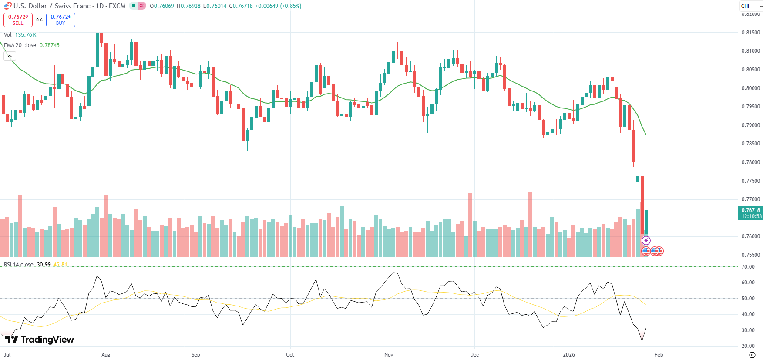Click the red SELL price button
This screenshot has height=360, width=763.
tap(18, 20)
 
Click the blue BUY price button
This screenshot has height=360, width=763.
tap(61, 20)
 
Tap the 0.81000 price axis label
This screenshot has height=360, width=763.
tap(750, 51)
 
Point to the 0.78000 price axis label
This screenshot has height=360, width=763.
tap(750, 162)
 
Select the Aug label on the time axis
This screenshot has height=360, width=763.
tap(106, 355)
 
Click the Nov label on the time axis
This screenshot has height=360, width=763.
tap(389, 355)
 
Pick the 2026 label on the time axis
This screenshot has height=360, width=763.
tap(568, 355)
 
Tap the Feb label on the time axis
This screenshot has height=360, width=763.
tap(659, 355)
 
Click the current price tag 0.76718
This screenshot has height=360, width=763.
tap(751, 210)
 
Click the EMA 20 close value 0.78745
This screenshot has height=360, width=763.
tap(50, 45)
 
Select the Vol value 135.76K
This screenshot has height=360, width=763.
tap(26, 35)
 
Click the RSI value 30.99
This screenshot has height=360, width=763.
tap(44, 265)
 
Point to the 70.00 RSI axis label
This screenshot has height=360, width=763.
tap(748, 267)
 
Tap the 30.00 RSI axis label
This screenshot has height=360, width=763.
tap(748, 330)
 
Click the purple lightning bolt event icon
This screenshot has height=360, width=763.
tap(646, 240)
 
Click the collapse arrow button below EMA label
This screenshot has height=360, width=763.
tap(10, 56)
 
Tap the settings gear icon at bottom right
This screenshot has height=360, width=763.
tap(752, 355)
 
